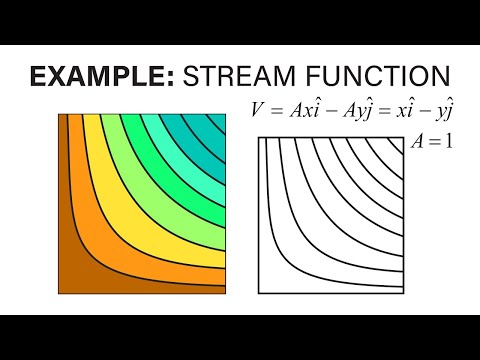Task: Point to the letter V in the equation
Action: (x=258, y=111)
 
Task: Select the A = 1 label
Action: (x=432, y=142)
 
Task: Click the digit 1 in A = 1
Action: (x=449, y=142)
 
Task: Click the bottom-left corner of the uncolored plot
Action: (x=259, y=296)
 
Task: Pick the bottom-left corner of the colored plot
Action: (x=58, y=296)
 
